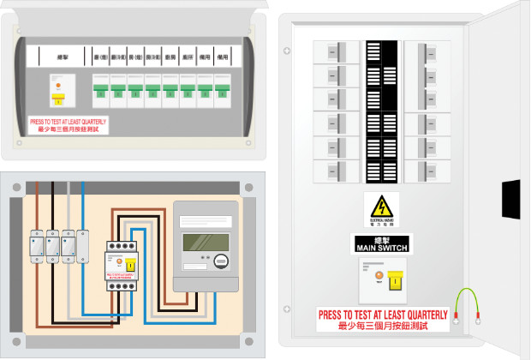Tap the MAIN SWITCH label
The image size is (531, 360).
pos(381,243)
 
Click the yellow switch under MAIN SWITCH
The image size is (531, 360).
pos(397,281)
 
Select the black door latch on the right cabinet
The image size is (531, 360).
pos(510,197)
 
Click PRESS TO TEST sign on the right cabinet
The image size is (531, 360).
pos(382,320)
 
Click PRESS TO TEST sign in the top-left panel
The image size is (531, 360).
pos(69,125)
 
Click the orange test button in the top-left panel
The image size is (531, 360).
pos(58,85)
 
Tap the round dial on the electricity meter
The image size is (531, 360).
pos(221,261)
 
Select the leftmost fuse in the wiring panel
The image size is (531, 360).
pos(37,245)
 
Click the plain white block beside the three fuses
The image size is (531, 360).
pos(83,245)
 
